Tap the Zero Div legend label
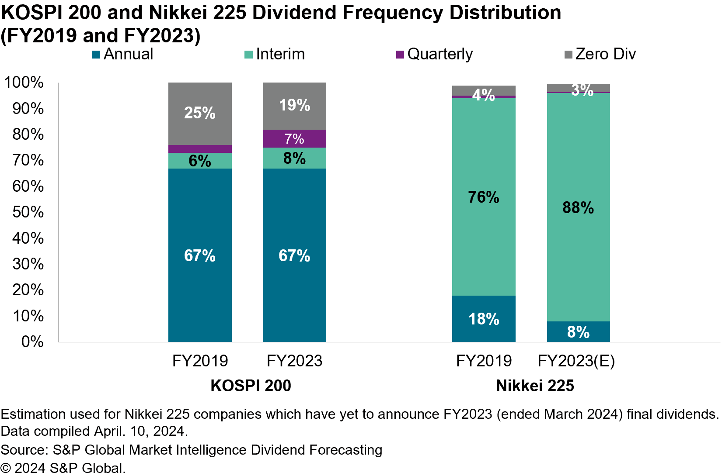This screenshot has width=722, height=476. (605, 54)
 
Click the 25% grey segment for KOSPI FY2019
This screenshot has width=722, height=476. (200, 114)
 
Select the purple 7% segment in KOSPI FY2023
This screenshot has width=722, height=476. (294, 139)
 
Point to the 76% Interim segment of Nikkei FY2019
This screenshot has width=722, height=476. (484, 197)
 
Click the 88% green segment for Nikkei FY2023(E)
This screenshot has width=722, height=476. (578, 207)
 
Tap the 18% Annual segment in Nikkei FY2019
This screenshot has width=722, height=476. (484, 319)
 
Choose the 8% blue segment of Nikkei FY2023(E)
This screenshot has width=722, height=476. (578, 332)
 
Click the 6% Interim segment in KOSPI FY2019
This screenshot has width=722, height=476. (200, 161)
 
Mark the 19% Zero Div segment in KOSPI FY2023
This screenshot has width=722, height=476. (294, 106)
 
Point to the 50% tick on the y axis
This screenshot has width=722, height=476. (28, 212)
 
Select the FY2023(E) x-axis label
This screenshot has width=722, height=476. (576, 361)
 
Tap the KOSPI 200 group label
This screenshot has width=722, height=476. (251, 386)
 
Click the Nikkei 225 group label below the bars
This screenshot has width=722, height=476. (535, 386)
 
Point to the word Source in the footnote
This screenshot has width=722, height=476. (24, 450)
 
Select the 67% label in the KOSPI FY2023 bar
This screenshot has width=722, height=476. (294, 255)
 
